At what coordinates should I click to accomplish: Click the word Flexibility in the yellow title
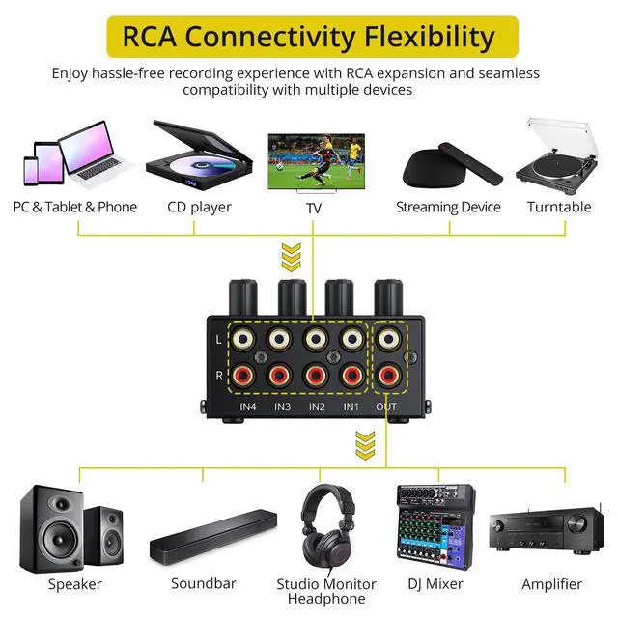pos(429,37)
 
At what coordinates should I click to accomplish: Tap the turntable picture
pos(557,156)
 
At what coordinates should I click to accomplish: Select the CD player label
pos(199,207)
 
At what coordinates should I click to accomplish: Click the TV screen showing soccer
pos(317,161)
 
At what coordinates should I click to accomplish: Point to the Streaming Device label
pos(448,207)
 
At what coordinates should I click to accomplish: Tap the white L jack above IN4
pos(243,339)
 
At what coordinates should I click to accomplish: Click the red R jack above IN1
pos(352,376)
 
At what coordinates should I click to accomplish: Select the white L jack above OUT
pos(388,339)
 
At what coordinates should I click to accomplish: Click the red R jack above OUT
pos(388,376)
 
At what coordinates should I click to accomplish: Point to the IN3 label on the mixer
pos(282,407)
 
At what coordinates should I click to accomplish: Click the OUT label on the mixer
pos(386,407)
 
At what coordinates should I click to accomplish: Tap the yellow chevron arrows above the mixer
pos(292,257)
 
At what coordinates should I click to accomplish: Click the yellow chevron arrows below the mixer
pos(365,445)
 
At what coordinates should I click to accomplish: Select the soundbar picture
pos(213,537)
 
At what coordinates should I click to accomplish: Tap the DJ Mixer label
pos(435,583)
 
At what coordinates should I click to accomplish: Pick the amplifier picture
pos(547,528)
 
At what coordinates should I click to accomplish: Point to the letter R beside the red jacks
pos(219,376)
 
